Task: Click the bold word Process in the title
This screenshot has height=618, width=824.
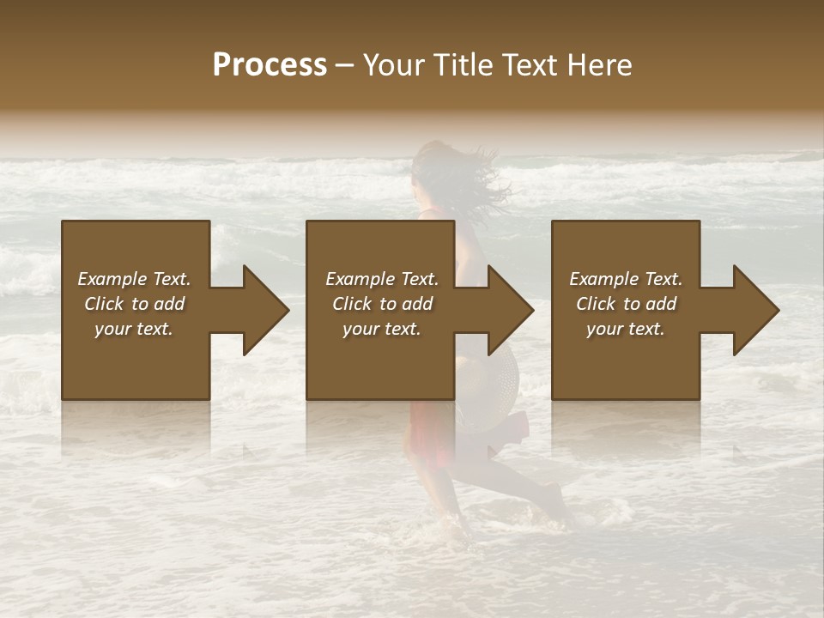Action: (270, 65)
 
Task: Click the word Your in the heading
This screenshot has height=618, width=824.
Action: (394, 65)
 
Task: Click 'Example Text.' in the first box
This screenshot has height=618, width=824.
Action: (135, 279)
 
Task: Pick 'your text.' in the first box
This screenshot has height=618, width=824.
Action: (135, 329)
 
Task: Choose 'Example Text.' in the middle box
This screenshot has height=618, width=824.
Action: (382, 279)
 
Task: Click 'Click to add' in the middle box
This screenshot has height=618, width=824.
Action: (382, 304)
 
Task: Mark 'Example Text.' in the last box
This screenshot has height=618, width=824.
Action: (626, 279)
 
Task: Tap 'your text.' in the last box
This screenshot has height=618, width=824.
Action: (626, 329)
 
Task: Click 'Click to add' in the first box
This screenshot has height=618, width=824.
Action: (135, 304)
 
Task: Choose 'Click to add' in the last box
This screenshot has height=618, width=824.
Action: (626, 304)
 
